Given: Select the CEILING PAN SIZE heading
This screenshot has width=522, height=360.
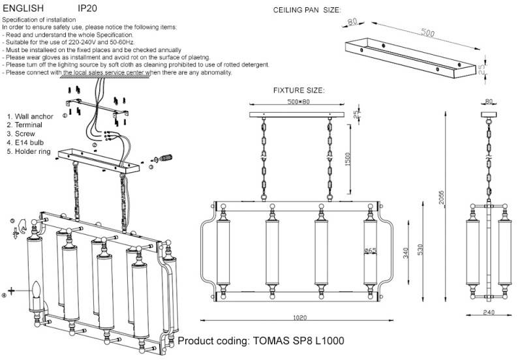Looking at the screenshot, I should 306,11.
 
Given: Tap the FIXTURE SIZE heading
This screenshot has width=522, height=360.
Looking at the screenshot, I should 298,91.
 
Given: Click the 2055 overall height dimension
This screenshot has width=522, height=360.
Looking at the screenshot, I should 442,199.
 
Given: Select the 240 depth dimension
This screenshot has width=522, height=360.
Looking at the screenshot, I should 488,312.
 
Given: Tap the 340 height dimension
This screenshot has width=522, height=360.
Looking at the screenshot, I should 406,252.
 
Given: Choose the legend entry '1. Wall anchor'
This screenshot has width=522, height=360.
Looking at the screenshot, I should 30,116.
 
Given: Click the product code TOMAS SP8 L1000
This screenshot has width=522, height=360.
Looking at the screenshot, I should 260,341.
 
